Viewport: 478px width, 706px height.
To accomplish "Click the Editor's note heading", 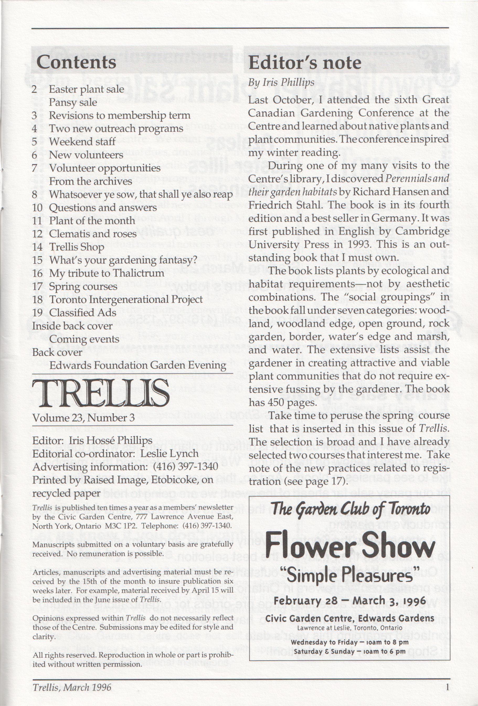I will pyautogui.click(x=305, y=63).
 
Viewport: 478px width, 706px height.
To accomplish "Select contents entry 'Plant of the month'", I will pyautogui.click(x=92, y=220).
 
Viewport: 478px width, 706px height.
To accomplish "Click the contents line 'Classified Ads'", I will pyautogui.click(x=83, y=313).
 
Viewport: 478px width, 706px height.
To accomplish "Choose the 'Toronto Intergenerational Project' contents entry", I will pyautogui.click(x=126, y=299).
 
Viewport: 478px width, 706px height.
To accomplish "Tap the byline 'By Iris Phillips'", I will pyautogui.click(x=281, y=83).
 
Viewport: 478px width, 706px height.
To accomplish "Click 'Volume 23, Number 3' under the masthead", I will pyautogui.click(x=83, y=418).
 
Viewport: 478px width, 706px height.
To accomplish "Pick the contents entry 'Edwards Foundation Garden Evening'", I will pyautogui.click(x=137, y=365).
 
